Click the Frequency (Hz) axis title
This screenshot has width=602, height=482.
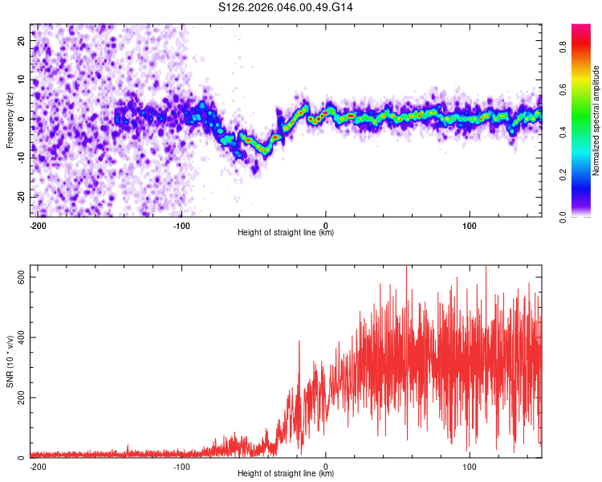tap(10, 120)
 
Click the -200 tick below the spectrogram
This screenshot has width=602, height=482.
tap(37, 224)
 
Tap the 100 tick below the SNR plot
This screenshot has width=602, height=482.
tap(469, 465)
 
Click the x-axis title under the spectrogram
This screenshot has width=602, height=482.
tap(286, 233)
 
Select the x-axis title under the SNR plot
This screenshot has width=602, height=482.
tap(286, 474)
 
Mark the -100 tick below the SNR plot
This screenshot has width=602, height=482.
tap(181, 465)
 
